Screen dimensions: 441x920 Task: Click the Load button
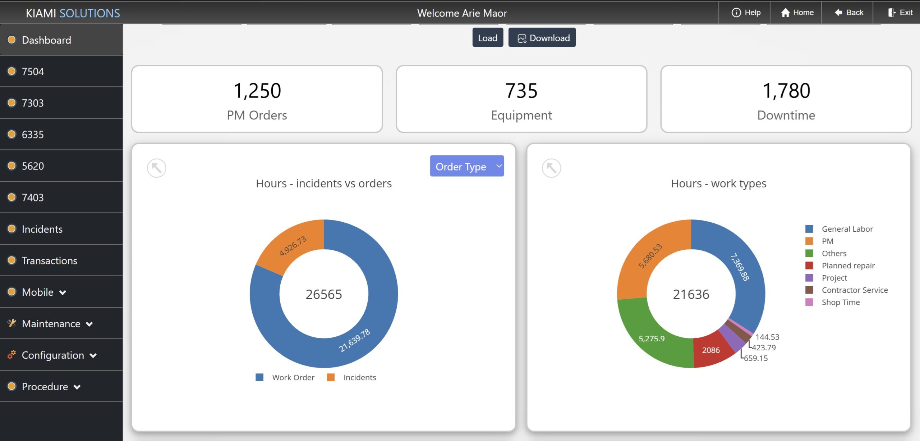487,38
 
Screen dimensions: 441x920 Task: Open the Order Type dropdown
466,166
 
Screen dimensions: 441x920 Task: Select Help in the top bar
746,13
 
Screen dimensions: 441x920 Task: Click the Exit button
900,13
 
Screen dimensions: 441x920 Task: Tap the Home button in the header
797,13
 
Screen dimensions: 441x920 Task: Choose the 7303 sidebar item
33,103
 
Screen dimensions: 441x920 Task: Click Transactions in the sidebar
49,260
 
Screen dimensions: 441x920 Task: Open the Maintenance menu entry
51,324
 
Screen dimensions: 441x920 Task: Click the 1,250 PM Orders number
257,91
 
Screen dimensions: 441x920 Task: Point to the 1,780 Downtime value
786,91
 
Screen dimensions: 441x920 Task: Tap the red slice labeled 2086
710,350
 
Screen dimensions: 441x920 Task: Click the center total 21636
691,294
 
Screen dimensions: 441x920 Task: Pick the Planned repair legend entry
848,265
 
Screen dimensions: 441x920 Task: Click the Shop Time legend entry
840,302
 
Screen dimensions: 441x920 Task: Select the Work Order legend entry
293,377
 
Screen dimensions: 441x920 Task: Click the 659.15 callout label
755,358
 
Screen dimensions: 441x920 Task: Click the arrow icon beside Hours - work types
551,168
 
